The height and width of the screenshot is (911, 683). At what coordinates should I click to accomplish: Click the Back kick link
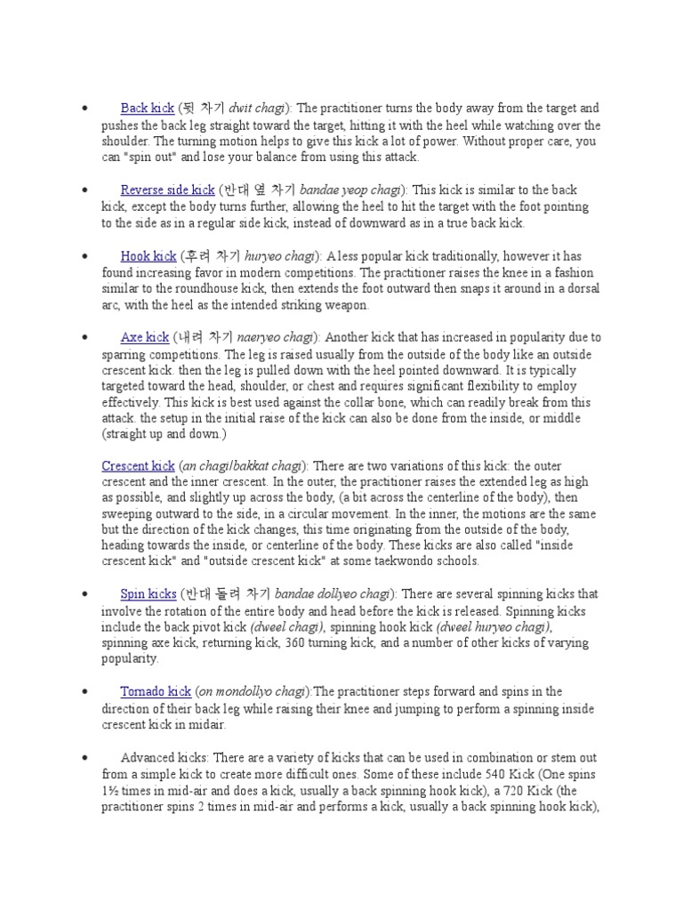click(147, 109)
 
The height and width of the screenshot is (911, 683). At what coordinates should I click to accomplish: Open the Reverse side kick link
click(167, 190)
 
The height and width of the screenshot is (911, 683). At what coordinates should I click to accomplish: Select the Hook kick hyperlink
click(149, 256)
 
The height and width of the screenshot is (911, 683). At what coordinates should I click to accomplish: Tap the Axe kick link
click(145, 338)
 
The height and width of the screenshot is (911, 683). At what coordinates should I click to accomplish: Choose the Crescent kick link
click(138, 466)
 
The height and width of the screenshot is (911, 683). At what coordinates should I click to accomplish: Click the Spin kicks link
click(149, 594)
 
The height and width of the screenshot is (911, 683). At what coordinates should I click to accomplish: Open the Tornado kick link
click(156, 692)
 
